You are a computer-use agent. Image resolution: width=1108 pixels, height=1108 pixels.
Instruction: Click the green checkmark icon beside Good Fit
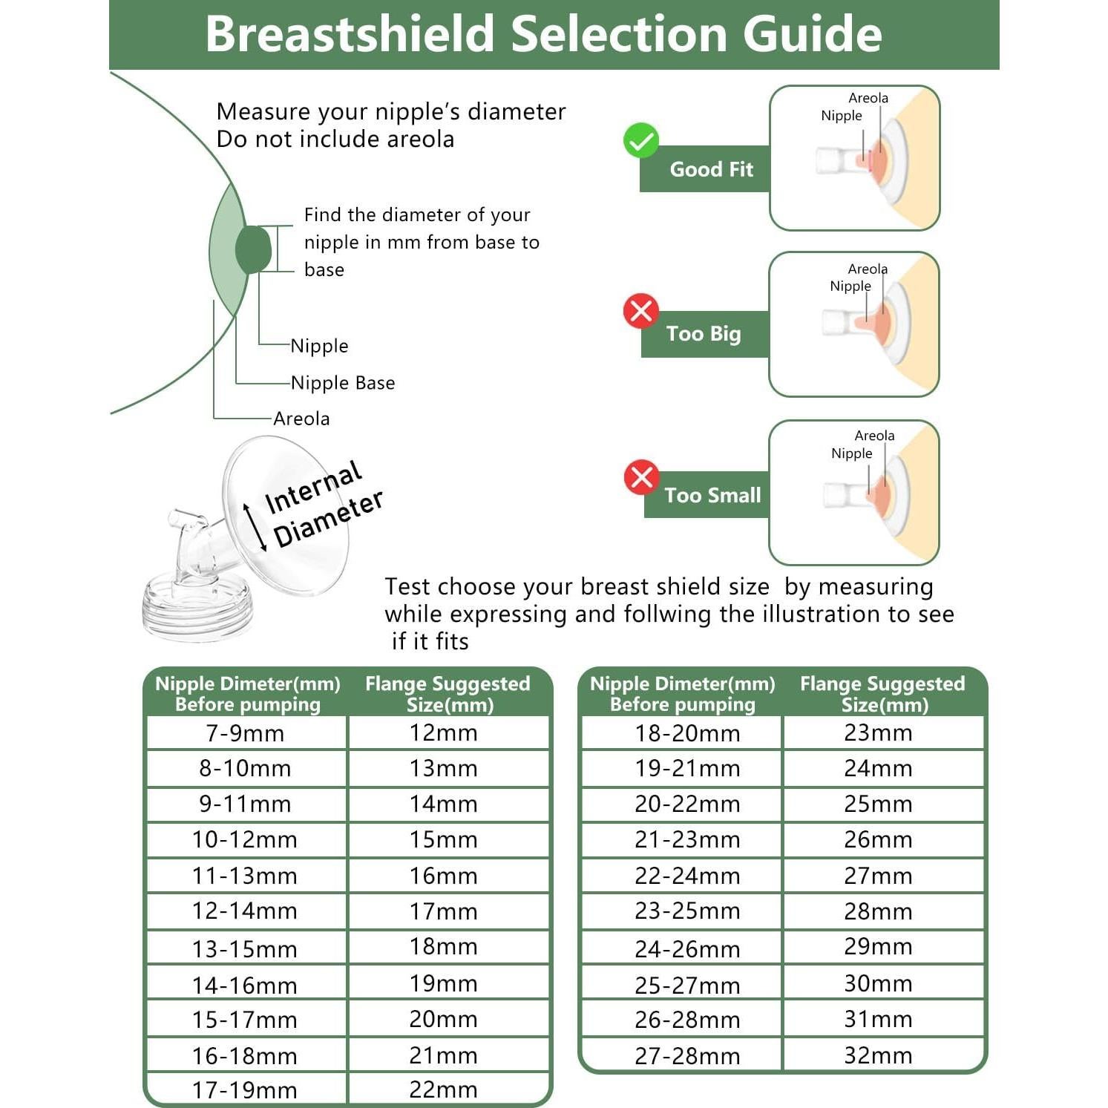click(641, 140)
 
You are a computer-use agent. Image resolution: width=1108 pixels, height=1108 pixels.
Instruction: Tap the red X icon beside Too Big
click(641, 311)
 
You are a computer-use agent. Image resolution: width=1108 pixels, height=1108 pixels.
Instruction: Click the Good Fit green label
click(710, 169)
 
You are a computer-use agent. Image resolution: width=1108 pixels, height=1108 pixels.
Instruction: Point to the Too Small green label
click(712, 495)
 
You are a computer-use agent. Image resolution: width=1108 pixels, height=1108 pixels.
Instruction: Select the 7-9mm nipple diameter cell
click(246, 733)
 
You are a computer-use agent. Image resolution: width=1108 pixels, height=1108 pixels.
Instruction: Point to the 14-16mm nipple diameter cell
click(246, 985)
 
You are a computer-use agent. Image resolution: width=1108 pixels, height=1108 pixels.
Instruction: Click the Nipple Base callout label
click(343, 383)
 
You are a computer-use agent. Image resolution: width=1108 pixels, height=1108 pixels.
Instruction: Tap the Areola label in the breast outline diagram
click(301, 419)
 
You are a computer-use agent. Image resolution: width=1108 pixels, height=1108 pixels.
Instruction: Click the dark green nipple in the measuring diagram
click(254, 249)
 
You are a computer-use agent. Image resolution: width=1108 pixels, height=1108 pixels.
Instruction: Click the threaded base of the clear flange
click(197, 613)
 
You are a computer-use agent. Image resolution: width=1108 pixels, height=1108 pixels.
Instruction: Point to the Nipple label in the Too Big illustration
click(850, 286)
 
